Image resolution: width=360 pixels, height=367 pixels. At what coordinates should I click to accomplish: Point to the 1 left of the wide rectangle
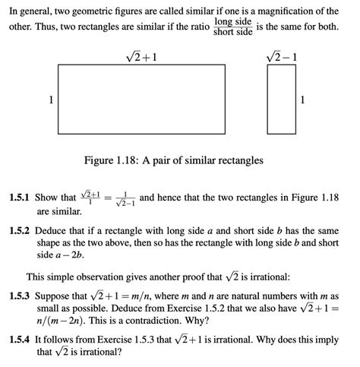click(51, 100)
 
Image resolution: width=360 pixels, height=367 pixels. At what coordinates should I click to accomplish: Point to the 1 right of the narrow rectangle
click(303, 100)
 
